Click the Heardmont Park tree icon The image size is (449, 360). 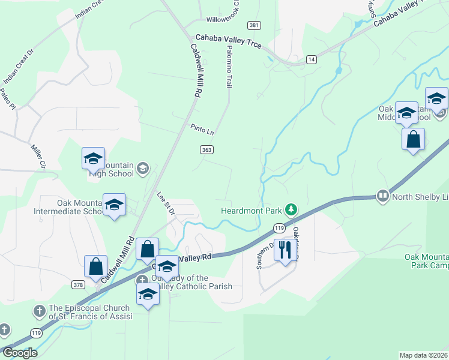tap(291, 209)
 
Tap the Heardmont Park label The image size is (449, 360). tap(252, 210)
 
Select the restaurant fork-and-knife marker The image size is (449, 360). tap(285, 249)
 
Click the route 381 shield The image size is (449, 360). tap(255, 25)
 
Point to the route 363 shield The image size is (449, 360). tap(205, 149)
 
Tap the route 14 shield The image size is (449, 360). tap(311, 59)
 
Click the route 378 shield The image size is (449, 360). tap(79, 284)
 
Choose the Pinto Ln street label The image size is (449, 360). tap(202, 128)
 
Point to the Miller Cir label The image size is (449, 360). tap(37, 155)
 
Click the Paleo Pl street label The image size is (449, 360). tap(7, 98)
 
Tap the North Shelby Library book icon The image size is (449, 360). tap(382, 196)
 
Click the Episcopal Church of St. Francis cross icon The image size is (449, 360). tap(39, 311)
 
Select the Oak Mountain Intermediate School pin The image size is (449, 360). tap(113, 205)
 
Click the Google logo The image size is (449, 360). tap(19, 353)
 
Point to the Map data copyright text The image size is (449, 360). tap(424, 355)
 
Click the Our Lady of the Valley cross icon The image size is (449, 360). tap(142, 280)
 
